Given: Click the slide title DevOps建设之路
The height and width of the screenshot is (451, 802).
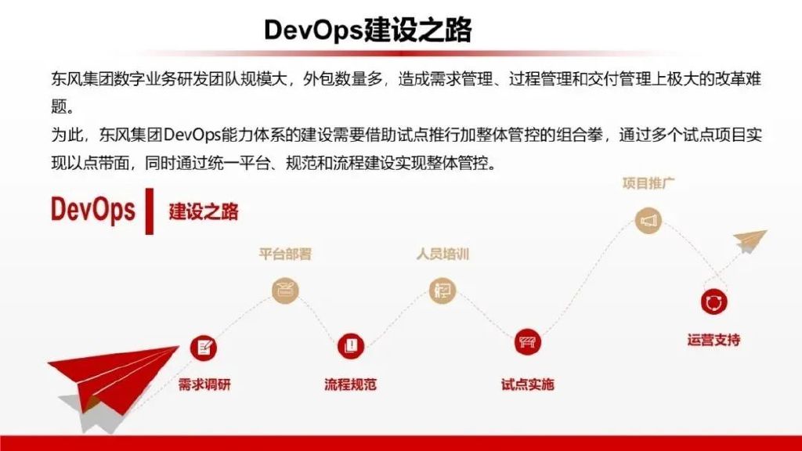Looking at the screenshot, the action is coord(368,30).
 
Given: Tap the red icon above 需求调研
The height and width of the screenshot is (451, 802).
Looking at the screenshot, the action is coord(204,348).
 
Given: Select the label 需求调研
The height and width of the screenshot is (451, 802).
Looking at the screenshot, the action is coord(204,384).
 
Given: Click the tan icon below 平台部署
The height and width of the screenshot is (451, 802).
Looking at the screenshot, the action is coord(285,290).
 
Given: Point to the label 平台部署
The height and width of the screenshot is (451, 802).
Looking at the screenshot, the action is coord(285,254).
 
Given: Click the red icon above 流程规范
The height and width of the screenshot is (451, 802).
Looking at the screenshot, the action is coord(351,345).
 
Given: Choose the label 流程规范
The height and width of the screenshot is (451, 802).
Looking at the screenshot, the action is coord(350,384).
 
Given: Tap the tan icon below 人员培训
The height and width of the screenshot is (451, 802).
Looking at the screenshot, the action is coord(442,290).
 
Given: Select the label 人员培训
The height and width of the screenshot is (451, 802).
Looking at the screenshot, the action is coord(443,254).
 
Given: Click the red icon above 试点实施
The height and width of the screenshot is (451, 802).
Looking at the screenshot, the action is coord(527,341).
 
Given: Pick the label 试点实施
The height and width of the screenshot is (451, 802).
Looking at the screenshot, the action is coord(527,384).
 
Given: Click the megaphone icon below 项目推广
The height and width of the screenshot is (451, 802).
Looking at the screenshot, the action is coord(648,220).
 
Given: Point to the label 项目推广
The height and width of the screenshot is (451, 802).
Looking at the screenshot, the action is coord(648,183).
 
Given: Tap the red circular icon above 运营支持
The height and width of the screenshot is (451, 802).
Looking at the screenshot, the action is coord(713,301).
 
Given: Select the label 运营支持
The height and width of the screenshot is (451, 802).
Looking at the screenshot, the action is coord(713,340).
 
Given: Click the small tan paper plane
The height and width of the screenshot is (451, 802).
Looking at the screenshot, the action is coord(750,241).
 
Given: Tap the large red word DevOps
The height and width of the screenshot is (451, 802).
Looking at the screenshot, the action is coord(92,210).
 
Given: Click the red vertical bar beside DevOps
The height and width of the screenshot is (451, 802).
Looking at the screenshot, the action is coord(150,211).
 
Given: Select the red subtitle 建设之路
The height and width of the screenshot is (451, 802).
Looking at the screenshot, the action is coord(204,211).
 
